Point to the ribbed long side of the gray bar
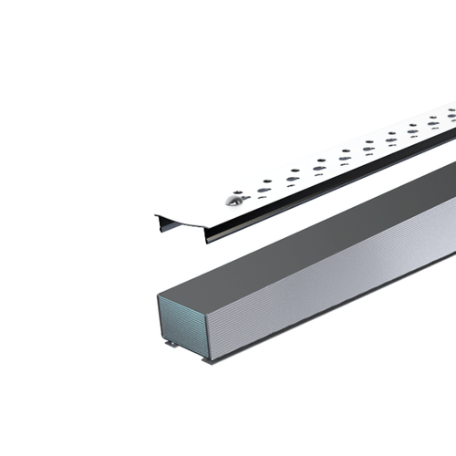tap(347, 274)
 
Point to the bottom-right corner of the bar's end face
tap(212, 357)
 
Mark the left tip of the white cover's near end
tap(156, 215)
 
